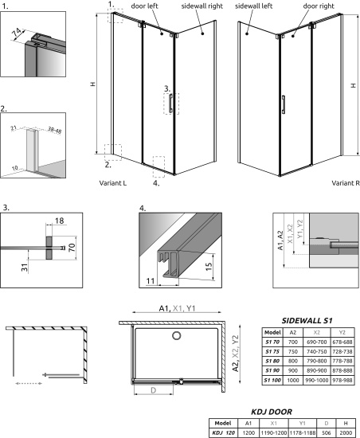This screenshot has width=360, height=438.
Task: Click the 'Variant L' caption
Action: point(115,183)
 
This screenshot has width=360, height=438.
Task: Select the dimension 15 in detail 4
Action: point(209,265)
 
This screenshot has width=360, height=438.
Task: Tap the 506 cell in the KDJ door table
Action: point(324,432)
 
